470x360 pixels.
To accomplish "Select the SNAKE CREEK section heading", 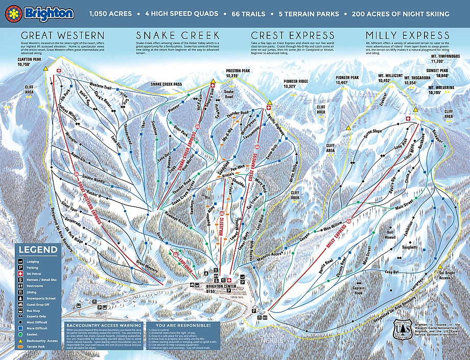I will pyautogui.click(x=170, y=35).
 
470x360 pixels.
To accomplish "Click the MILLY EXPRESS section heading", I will pyautogui.click(x=407, y=35).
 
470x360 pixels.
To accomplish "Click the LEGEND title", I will pyautogui.click(x=38, y=250).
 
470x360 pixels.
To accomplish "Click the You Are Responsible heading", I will pyautogui.click(x=182, y=325).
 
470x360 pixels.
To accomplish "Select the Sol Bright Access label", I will pyautogui.click(x=445, y=275).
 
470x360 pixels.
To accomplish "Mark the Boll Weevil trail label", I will pyautogui.click(x=390, y=235).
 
